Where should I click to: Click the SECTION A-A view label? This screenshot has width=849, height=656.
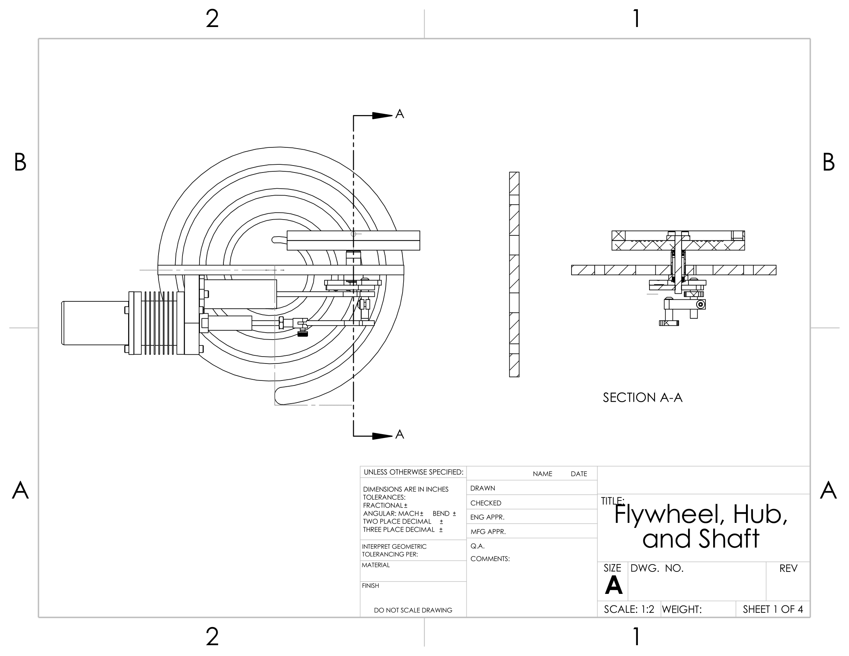642,397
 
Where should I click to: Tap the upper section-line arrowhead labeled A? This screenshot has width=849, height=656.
382,115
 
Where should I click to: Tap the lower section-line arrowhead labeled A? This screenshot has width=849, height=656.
382,436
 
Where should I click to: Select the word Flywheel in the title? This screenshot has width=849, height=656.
669,514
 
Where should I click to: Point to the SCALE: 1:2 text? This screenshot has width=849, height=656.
629,609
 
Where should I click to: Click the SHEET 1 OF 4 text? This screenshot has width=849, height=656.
773,609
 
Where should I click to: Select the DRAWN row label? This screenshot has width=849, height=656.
482,488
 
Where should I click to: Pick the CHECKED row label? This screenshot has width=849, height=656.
485,503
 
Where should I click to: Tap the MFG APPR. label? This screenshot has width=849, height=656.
488,532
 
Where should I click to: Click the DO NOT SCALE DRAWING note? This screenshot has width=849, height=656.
413,610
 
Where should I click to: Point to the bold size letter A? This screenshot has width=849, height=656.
614,585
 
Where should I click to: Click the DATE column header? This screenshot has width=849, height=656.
578,474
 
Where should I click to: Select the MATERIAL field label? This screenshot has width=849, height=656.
375,565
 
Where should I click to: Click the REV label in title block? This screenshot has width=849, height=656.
788,568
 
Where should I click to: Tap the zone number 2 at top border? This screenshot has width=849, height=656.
212,19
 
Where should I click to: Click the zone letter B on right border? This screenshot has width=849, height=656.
828,162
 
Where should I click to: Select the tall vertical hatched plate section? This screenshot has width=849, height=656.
514,274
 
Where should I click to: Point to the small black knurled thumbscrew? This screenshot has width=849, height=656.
303,333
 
